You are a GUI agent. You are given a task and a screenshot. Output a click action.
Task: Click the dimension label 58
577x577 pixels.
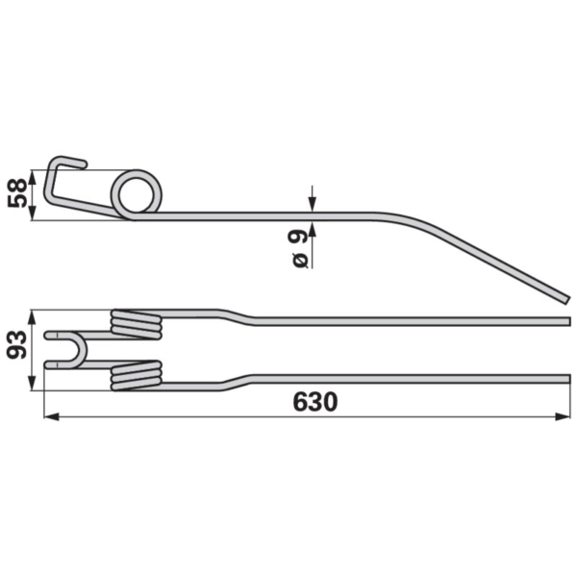click(x=17, y=193)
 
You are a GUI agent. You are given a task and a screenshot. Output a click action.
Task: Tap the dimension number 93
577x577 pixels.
click(x=17, y=344)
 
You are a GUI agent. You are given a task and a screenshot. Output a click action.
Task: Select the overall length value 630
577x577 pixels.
click(x=315, y=402)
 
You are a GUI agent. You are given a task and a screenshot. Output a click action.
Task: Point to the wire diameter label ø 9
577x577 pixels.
click(x=300, y=248)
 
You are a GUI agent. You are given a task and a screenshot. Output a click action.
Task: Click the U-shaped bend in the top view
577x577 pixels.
click(x=83, y=350)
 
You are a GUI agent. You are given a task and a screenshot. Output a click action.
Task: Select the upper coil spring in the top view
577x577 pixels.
click(x=137, y=324)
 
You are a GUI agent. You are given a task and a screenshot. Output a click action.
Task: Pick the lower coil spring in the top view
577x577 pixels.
click(x=137, y=375)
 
